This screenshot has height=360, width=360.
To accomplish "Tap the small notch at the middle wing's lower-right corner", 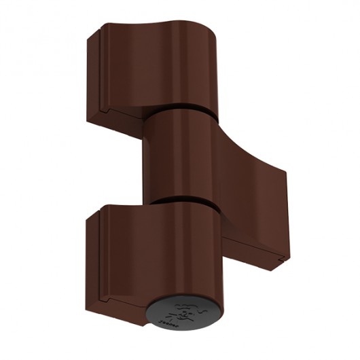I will click(279, 259).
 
